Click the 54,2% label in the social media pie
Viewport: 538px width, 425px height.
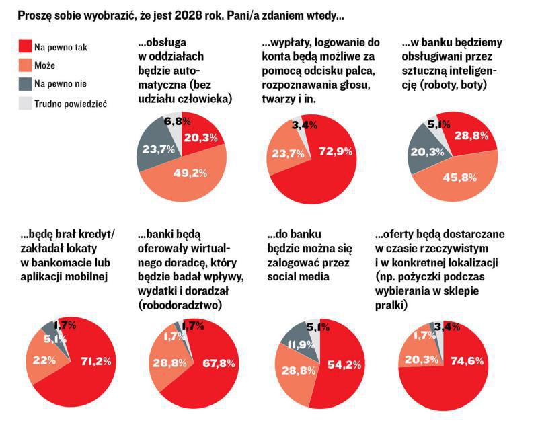coord(346,364)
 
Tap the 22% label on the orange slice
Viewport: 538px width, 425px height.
coord(44,361)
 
